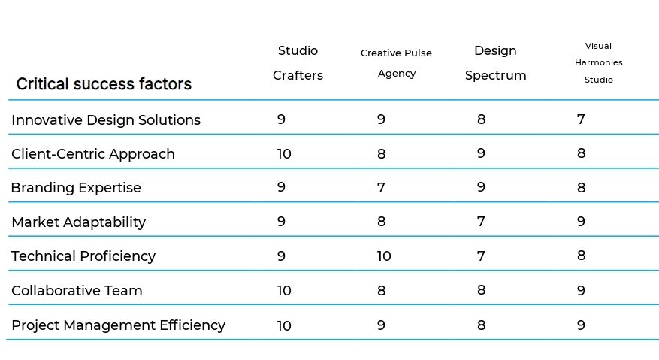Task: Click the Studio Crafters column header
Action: click(x=298, y=63)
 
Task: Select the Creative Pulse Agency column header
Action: click(x=396, y=63)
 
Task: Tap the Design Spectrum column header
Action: click(x=495, y=63)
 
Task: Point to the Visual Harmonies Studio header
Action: click(x=598, y=62)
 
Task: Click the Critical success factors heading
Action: click(x=104, y=84)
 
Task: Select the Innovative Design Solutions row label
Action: click(x=106, y=120)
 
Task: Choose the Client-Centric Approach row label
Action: click(x=93, y=154)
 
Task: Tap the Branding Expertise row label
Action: click(x=76, y=188)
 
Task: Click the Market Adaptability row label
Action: click(x=79, y=222)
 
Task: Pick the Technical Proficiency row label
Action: click(x=83, y=256)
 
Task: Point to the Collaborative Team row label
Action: click(x=77, y=291)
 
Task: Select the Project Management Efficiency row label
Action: click(x=118, y=325)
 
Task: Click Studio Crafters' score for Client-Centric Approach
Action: click(x=284, y=154)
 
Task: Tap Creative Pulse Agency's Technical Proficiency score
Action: click(x=384, y=256)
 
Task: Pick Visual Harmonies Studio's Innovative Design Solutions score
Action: click(x=581, y=119)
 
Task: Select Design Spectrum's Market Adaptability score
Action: click(x=481, y=222)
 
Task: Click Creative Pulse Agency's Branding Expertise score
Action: click(x=381, y=188)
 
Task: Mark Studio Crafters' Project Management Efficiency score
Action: click(x=284, y=325)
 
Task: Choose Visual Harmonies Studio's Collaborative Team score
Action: click(x=581, y=291)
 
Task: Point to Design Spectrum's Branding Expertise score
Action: click(x=481, y=187)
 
